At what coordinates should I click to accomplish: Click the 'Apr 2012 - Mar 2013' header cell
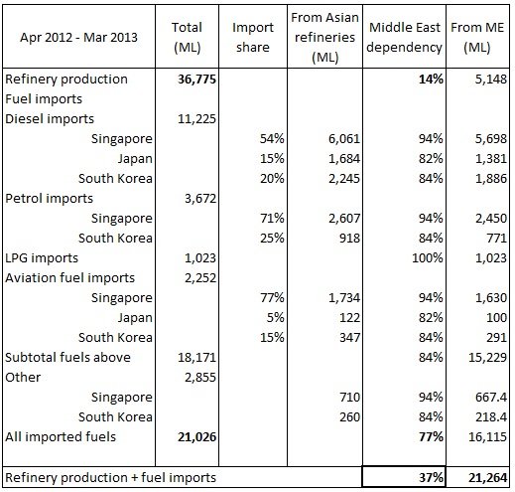[x=78, y=37]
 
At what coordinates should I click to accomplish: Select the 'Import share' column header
[x=253, y=37]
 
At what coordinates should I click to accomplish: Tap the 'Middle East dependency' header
[x=404, y=37]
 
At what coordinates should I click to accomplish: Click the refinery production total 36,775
[x=196, y=80]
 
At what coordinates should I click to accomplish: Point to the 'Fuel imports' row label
[x=44, y=99]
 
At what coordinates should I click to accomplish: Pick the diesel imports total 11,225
[x=196, y=119]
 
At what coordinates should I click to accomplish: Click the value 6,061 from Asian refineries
[x=344, y=139]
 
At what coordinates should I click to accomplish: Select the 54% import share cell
[x=272, y=139]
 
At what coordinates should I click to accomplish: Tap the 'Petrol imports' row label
[x=50, y=199]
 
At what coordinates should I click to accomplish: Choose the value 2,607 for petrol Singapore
[x=344, y=219]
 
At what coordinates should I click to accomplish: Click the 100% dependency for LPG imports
[x=428, y=258]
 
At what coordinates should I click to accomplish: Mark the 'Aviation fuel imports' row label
[x=70, y=278]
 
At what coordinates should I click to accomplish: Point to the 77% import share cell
[x=272, y=298]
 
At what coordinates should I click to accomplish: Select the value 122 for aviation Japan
[x=349, y=318]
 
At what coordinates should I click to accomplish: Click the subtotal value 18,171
[x=196, y=358]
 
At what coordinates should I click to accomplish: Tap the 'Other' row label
[x=23, y=378]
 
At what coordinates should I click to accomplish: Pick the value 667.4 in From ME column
[x=491, y=398]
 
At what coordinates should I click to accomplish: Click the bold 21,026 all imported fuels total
[x=196, y=437]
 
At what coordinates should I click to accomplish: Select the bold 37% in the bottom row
[x=431, y=478]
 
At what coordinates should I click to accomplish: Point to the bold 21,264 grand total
[x=487, y=478]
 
